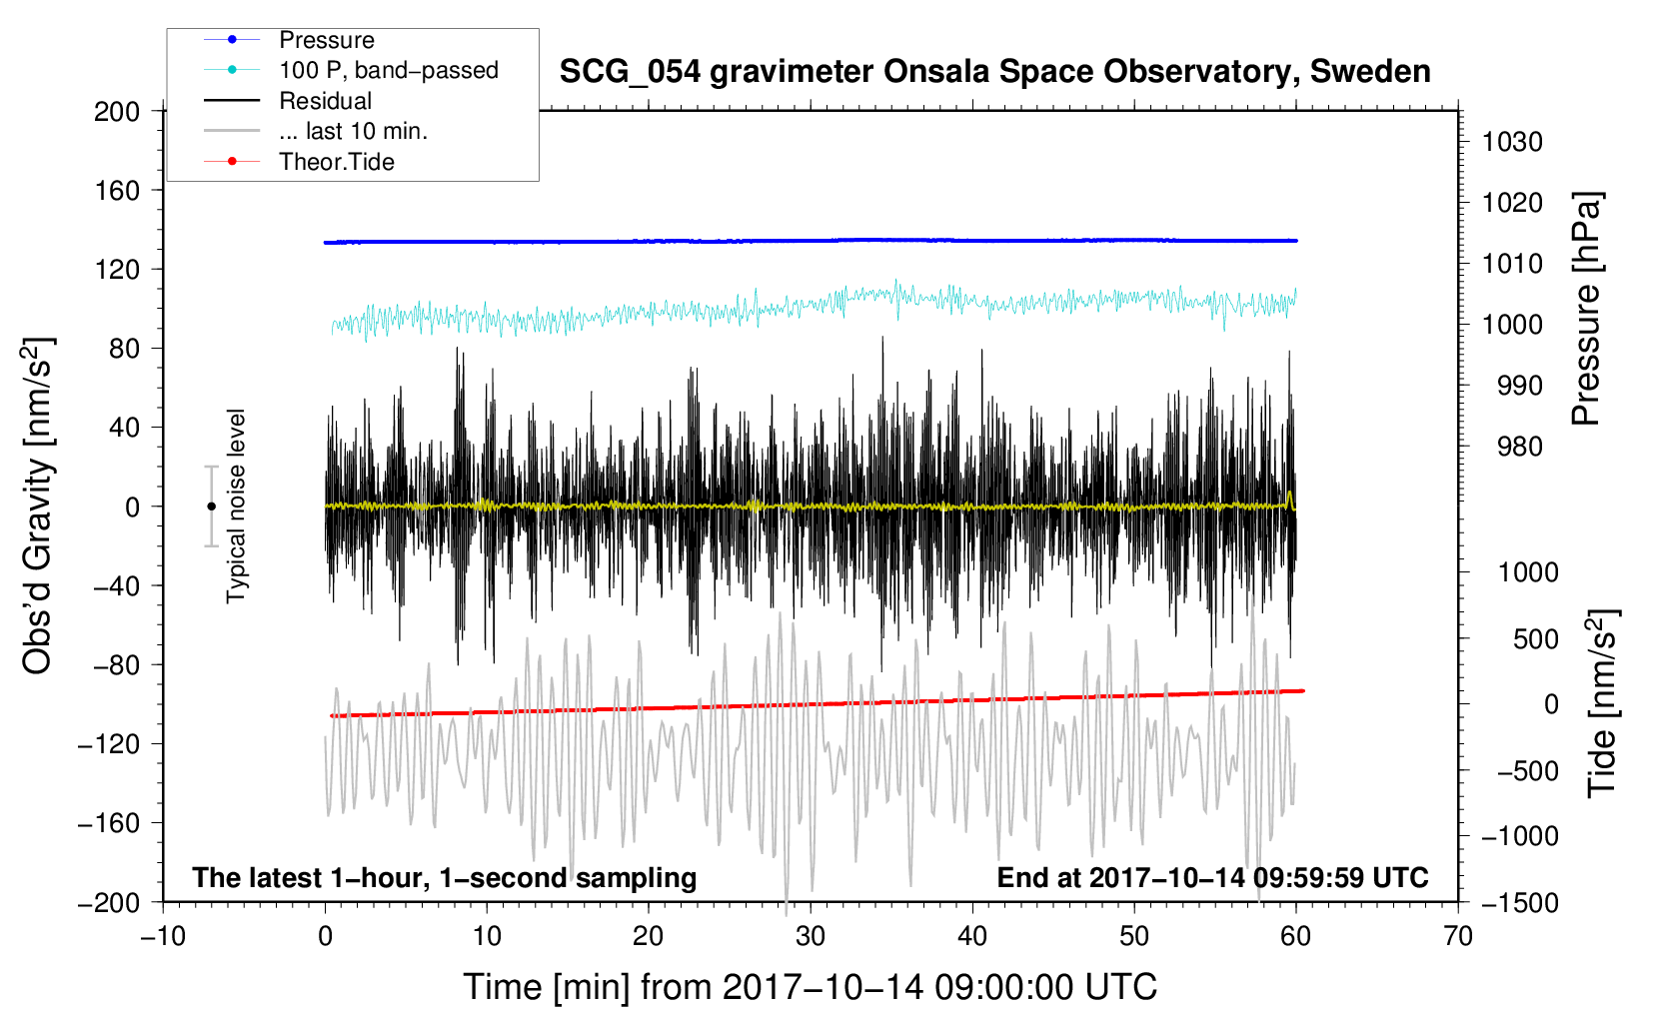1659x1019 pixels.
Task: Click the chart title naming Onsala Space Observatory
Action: (994, 72)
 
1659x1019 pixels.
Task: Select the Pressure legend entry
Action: (326, 40)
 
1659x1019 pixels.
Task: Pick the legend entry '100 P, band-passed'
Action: (388, 70)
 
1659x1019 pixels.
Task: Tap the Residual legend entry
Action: (325, 101)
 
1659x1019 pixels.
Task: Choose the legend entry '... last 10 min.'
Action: (353, 131)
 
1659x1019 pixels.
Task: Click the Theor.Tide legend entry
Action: (336, 162)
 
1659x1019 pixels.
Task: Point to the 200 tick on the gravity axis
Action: (117, 111)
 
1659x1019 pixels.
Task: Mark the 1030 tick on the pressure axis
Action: (1512, 142)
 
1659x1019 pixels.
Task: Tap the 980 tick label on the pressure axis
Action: (1519, 447)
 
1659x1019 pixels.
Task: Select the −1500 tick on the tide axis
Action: (1519, 902)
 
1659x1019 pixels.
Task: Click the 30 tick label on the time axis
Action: (811, 937)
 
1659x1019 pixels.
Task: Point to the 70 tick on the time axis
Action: (1458, 937)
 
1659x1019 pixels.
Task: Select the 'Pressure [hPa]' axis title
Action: (1587, 310)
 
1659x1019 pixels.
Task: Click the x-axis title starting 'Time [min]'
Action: (811, 987)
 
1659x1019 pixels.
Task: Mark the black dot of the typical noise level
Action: (211, 507)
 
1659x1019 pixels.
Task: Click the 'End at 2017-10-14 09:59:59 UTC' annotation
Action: (1212, 878)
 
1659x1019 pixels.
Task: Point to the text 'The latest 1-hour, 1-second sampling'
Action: (445, 878)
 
